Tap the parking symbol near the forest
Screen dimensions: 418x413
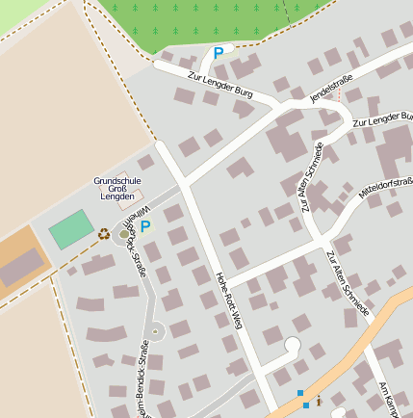pos(218,54)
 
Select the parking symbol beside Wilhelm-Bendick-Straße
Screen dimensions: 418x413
pos(145,226)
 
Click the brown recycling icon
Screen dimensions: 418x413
pos(103,232)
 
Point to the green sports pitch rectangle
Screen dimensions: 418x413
pos(71,230)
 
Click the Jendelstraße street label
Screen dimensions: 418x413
pos(332,89)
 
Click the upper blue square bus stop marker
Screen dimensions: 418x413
pos(300,393)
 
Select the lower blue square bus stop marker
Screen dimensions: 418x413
pos(306,405)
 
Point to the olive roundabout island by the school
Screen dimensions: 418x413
pos(124,234)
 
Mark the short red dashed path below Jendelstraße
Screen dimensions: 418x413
pos(339,97)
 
